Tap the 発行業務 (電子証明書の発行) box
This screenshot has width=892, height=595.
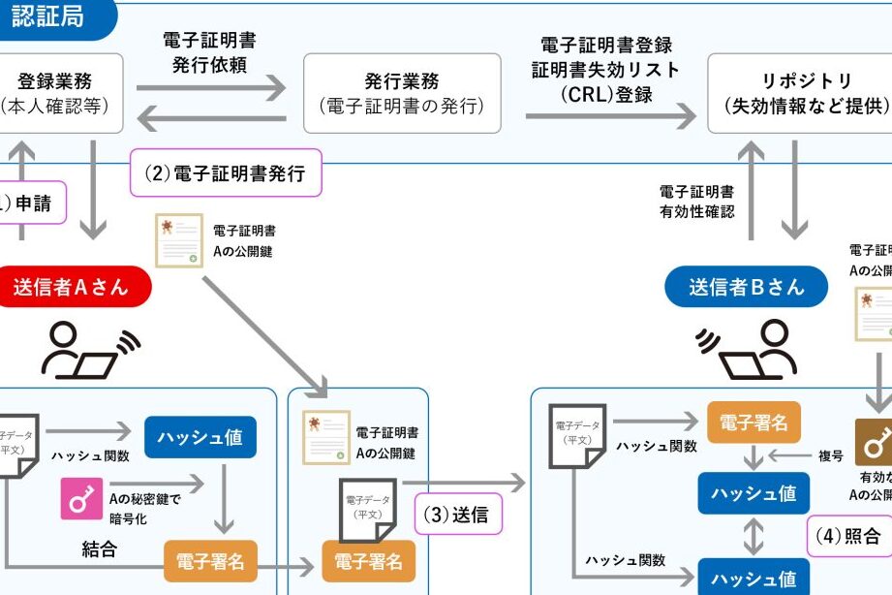(x=402, y=93)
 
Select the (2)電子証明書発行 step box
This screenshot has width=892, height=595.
(x=225, y=175)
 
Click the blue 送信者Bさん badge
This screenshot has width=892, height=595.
(x=747, y=287)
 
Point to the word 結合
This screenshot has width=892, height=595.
(x=100, y=550)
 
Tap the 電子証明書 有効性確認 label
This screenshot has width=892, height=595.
(x=696, y=202)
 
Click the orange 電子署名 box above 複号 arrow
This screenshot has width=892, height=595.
(x=754, y=422)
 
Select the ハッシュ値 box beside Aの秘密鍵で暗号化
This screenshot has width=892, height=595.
(x=200, y=437)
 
